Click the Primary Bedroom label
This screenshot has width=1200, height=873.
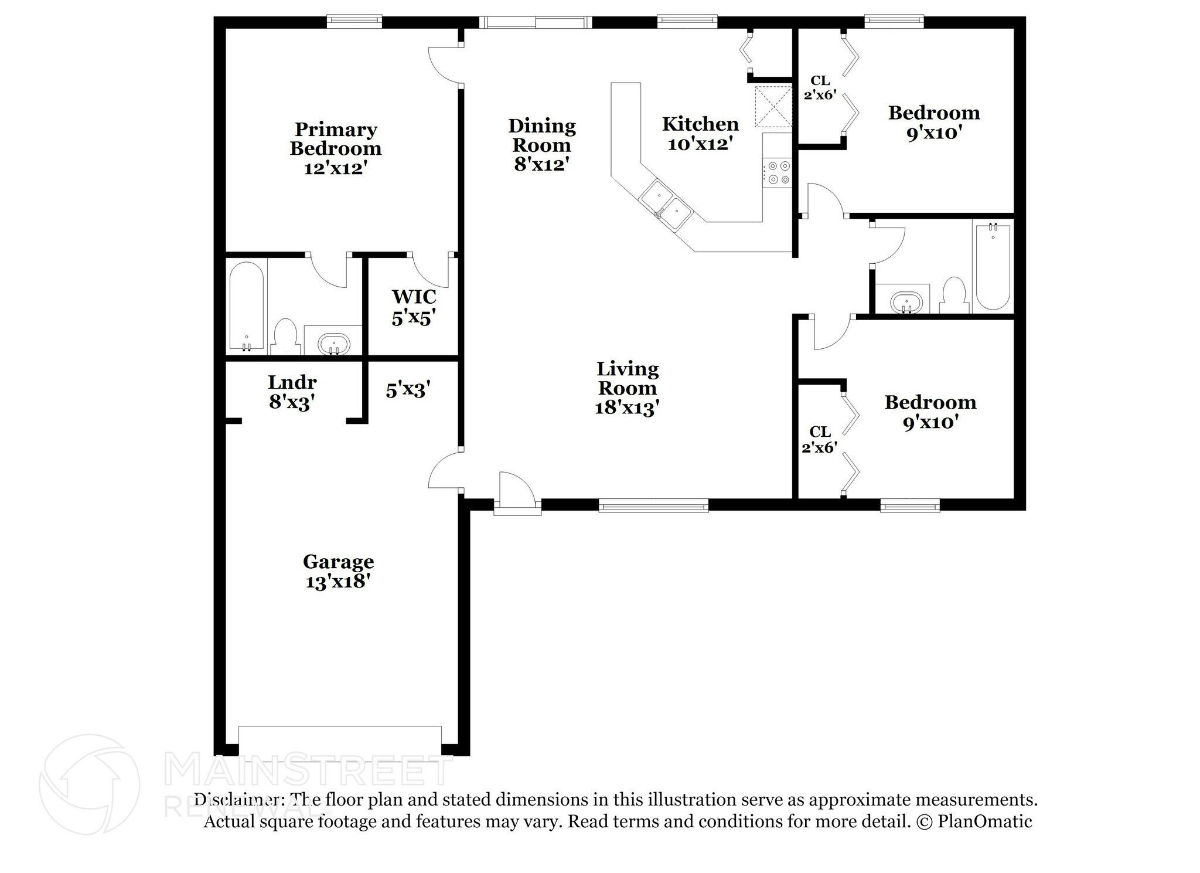click(x=336, y=139)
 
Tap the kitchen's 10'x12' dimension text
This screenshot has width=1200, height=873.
click(x=701, y=144)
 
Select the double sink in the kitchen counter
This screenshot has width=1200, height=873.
click(x=666, y=204)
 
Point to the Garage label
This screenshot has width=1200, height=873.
click(x=338, y=562)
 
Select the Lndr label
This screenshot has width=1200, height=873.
click(x=292, y=382)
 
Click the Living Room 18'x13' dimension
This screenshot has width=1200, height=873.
click(x=628, y=408)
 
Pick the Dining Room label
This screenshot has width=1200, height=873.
click(x=542, y=135)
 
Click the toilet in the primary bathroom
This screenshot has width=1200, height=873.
click(x=286, y=337)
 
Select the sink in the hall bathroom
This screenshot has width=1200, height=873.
click(x=906, y=303)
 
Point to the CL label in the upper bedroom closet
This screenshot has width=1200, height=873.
click(x=820, y=80)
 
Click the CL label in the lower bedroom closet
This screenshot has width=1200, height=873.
click(x=820, y=432)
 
